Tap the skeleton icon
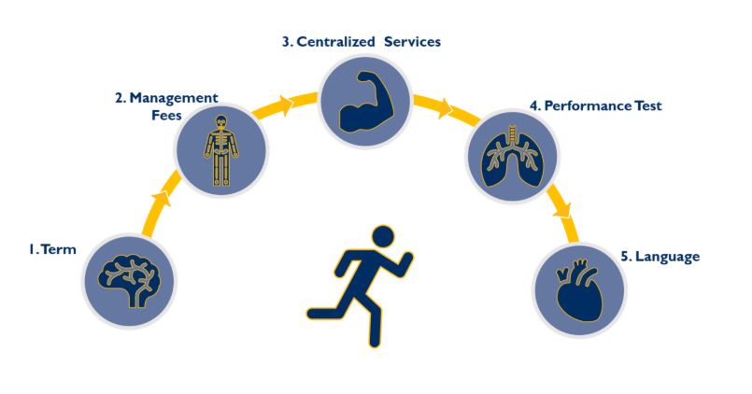point(221,149)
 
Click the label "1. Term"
point(51,250)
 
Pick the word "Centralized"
point(339,42)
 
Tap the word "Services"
point(411,42)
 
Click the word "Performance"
point(587,106)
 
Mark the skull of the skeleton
point(221,122)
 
